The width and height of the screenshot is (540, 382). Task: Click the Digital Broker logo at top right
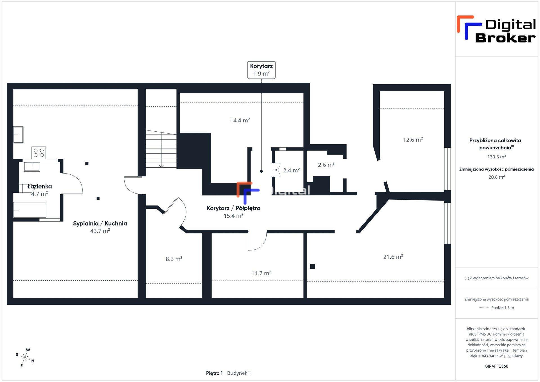496,30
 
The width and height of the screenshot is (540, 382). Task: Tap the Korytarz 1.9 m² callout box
261,70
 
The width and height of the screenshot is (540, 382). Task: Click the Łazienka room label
40,186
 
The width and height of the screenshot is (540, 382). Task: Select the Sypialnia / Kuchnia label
100,223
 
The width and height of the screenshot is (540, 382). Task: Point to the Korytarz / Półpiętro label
233,208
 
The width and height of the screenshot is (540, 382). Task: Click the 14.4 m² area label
240,120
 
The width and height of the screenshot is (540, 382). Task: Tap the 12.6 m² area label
413,140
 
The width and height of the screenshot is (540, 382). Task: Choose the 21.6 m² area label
393,257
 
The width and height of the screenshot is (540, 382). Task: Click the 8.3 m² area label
174,259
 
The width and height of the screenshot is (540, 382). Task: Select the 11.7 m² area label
261,273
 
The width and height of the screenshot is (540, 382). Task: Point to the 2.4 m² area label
291,170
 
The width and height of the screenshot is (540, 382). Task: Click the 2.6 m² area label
326,165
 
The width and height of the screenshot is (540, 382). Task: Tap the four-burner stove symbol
39,153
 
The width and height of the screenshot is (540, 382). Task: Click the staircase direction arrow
161,149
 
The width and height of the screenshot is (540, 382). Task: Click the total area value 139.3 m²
496,157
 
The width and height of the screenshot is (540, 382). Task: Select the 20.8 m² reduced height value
496,177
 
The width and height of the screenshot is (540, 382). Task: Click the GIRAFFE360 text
496,366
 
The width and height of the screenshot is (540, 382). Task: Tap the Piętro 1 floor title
214,373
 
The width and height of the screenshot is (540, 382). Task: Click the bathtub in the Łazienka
30,210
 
